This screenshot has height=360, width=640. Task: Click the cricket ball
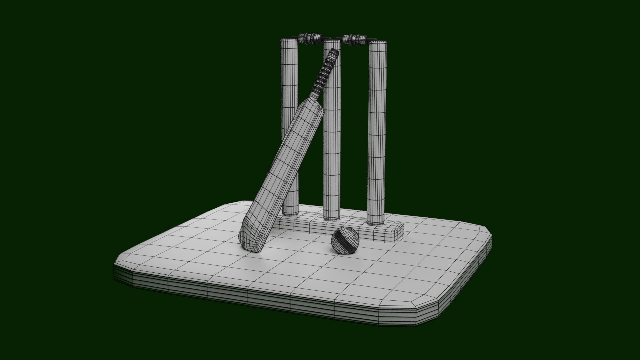click(345, 240)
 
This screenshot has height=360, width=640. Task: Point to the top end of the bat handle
click(335, 52)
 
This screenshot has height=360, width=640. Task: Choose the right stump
click(378, 133)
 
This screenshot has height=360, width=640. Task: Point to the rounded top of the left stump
click(289, 42)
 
